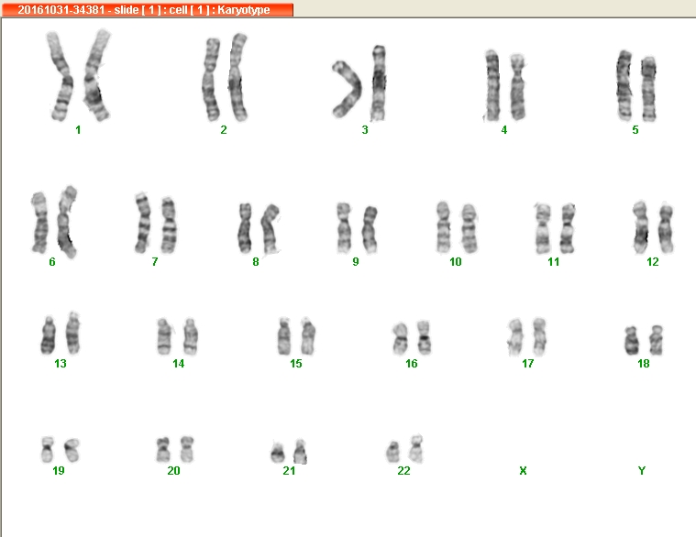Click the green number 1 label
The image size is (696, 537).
pos(78,130)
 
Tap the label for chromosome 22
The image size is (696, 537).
pos(403,470)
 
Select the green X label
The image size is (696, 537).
pos(523,470)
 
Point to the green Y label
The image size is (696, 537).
pos(641,470)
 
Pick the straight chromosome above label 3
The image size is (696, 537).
pos(378,82)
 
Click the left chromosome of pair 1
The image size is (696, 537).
pos(61,76)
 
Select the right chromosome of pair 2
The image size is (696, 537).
pos(238,77)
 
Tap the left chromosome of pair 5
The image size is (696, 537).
pos(624,85)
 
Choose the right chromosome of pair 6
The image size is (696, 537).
pos(66,222)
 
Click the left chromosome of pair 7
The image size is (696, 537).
pos(143,223)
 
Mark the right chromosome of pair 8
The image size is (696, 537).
pos(270,229)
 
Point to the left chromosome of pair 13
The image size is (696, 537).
pos(49,335)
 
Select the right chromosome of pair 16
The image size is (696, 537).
pos(424,338)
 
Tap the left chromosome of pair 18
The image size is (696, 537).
pos(631,341)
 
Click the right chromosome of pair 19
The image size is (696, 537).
pos(72,450)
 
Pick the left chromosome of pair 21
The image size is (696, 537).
pos(278,452)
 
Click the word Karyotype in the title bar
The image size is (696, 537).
pos(244,10)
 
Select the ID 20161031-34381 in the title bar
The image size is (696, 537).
pos(61,9)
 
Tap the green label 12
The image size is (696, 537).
pos(653,261)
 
